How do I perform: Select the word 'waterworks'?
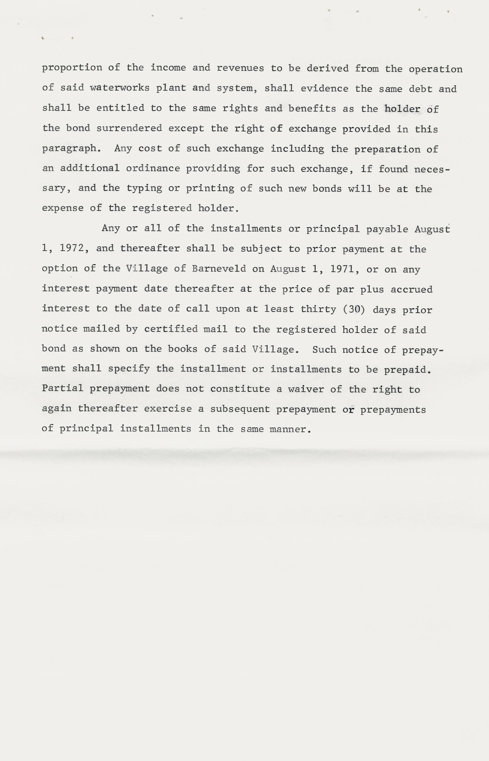(x=120, y=88)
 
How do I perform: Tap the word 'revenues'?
(x=240, y=68)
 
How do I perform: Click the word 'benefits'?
(x=312, y=109)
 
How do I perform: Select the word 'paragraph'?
(x=69, y=148)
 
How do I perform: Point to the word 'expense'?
(x=63, y=208)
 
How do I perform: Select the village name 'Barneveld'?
(x=219, y=268)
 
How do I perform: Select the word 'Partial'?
(x=62, y=388)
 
